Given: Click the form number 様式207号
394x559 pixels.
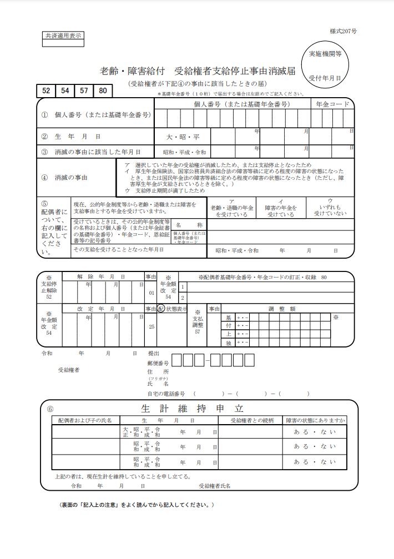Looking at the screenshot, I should (342, 32).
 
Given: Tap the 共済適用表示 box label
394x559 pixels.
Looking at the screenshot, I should (62, 36).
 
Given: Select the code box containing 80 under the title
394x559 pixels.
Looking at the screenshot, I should (103, 90).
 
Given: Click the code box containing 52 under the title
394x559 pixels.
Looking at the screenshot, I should (46, 90).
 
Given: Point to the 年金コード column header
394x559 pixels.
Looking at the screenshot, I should (332, 104).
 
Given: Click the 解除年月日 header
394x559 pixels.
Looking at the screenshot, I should (102, 276).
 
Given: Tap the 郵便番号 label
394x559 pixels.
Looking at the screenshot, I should (158, 362).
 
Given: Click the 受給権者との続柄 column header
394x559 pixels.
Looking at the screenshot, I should (252, 420).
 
